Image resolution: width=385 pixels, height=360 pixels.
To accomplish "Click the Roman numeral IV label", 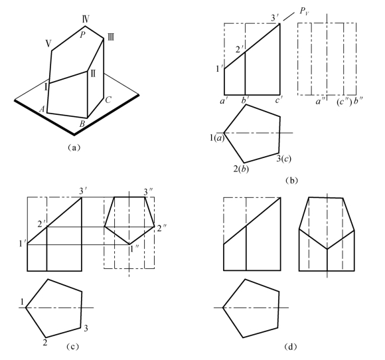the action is pyautogui.click(x=86, y=19).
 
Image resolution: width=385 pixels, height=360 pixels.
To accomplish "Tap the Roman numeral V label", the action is pyautogui.click(x=48, y=44).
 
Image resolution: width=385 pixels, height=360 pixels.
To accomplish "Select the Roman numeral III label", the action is pyautogui.click(x=111, y=38).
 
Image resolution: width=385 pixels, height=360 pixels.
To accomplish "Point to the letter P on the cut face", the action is pyautogui.click(x=82, y=35).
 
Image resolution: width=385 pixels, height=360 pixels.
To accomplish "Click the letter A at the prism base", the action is pyautogui.click(x=42, y=109).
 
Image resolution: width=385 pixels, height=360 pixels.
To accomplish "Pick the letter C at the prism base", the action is pyautogui.click(x=108, y=100).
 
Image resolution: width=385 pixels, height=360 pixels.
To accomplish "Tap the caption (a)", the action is pyautogui.click(x=74, y=147).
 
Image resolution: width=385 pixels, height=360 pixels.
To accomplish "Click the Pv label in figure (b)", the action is pyautogui.click(x=304, y=11).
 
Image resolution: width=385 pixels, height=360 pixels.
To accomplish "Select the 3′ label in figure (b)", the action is pyautogui.click(x=275, y=18).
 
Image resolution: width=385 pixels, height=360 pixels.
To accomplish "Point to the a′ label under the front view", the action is pyautogui.click(x=223, y=101).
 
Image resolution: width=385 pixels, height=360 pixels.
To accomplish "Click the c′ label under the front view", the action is pyautogui.click(x=278, y=100).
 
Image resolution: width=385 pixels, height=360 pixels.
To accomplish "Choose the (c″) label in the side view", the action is pyautogui.click(x=345, y=102).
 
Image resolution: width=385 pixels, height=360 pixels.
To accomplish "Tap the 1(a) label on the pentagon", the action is pyautogui.click(x=217, y=138).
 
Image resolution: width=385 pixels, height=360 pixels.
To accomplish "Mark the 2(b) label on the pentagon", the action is pyautogui.click(x=241, y=169).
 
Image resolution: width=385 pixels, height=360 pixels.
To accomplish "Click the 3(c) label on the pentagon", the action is pyautogui.click(x=284, y=159).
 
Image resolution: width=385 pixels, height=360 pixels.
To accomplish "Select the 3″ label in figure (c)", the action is pyautogui.click(x=149, y=191).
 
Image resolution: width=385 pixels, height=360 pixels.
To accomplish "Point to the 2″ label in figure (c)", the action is pyautogui.click(x=162, y=228).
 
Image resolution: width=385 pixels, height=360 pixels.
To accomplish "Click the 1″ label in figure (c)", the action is pyautogui.click(x=135, y=248).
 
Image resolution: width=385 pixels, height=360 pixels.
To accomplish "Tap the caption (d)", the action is pyautogui.click(x=291, y=347).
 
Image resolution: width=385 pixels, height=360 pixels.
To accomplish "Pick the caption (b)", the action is pyautogui.click(x=291, y=181).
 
